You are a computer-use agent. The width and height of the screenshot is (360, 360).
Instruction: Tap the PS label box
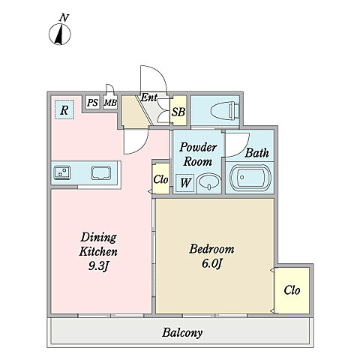[x=92, y=103]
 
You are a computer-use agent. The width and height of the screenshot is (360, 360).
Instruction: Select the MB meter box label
[x=110, y=103]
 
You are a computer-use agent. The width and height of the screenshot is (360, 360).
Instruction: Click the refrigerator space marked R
[x=64, y=109]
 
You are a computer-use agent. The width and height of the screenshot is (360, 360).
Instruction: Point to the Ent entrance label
[x=148, y=97]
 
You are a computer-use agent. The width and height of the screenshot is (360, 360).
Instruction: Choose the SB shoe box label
[x=178, y=112]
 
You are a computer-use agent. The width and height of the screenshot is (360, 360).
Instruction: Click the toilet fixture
[x=224, y=110]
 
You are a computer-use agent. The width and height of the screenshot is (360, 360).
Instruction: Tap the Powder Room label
[x=198, y=154]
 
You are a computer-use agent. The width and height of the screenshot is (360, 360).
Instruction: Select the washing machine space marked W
[x=185, y=183]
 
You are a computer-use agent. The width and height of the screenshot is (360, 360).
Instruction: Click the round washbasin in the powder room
[x=208, y=182]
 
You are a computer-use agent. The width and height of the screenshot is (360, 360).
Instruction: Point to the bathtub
[x=250, y=178]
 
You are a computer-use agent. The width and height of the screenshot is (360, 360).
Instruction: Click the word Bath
[x=256, y=153]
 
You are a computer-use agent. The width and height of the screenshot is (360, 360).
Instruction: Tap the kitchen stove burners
[x=62, y=172]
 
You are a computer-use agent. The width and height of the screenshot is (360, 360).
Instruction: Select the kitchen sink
[x=100, y=173]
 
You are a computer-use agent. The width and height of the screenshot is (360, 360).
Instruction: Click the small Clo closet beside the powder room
[x=160, y=179]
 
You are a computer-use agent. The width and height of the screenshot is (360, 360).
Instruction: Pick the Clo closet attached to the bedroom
[x=292, y=290]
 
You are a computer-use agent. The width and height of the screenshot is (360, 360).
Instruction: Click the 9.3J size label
[x=98, y=266]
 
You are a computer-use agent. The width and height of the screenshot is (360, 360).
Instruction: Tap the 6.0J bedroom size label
[x=211, y=264]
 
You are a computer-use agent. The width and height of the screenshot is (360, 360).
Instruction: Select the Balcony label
[x=182, y=333]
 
